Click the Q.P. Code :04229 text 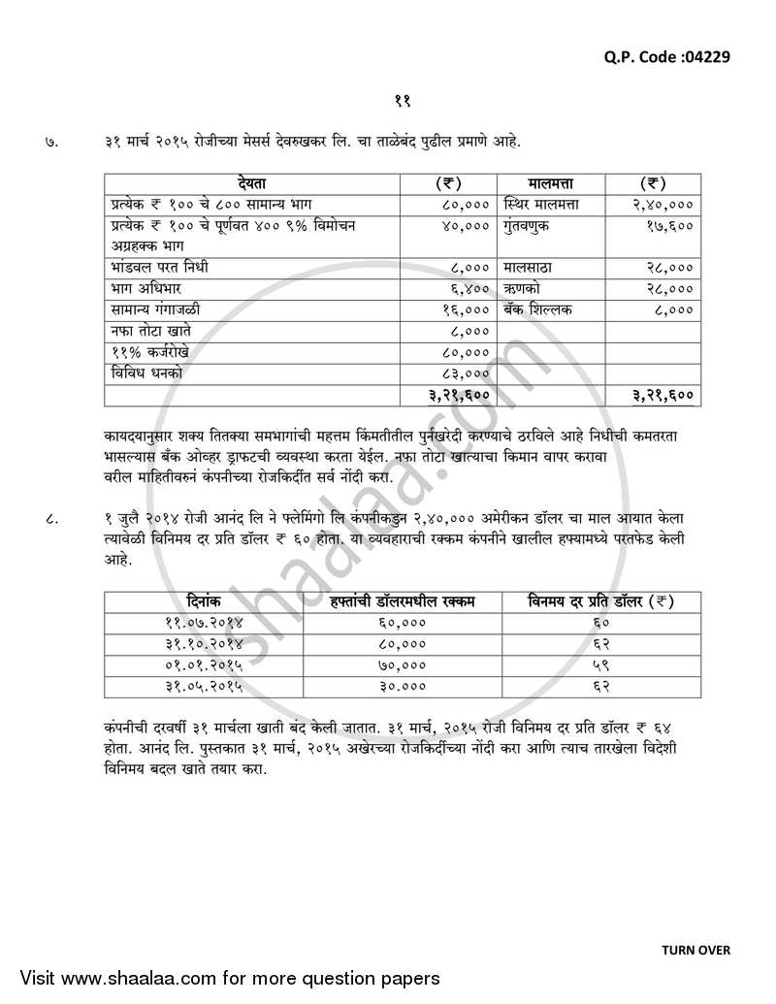tap(666, 56)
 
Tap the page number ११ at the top tap(404, 100)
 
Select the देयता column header tap(256, 182)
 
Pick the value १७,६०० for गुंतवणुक tap(669, 225)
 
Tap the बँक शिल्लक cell tap(538, 309)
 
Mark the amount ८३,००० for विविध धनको tap(466, 372)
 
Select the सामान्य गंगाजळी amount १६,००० tap(466, 309)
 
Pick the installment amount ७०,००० tap(402, 665)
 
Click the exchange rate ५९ tap(599, 665)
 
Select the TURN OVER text tap(695, 950)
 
